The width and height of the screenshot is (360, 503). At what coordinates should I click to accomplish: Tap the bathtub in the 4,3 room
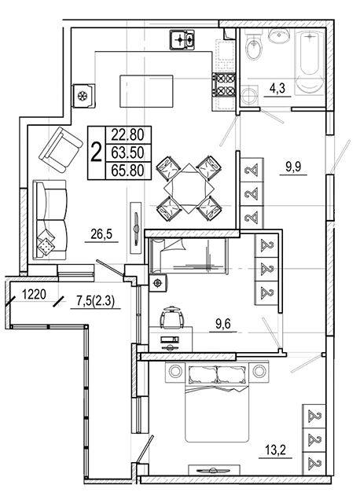pos(310,62)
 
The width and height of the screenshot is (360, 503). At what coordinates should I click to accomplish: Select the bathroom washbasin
pos(279,35)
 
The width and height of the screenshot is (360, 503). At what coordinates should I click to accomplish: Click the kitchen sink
pos(182,40)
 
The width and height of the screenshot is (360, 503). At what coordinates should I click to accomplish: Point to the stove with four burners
pos(224,84)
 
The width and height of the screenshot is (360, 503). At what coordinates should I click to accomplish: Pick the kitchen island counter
pos(146,91)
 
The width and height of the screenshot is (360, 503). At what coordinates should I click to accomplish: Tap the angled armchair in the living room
pos(61,149)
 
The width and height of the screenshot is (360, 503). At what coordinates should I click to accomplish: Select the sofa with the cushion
pos(50,220)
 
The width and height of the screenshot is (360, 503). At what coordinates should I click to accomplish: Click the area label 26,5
pos(101,234)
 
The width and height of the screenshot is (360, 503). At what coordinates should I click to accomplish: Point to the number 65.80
pos(127,171)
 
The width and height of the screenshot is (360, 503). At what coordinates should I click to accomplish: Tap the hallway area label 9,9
pos(293,167)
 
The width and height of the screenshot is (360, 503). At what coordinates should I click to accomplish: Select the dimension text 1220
pos(35,294)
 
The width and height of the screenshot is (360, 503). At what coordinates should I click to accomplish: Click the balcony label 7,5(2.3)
pos(95,301)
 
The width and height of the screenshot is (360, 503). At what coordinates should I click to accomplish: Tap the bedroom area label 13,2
pos(275,450)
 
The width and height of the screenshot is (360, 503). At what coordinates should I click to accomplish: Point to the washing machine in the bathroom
pos(249,95)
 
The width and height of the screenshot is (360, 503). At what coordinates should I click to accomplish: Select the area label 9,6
pos(223,325)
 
